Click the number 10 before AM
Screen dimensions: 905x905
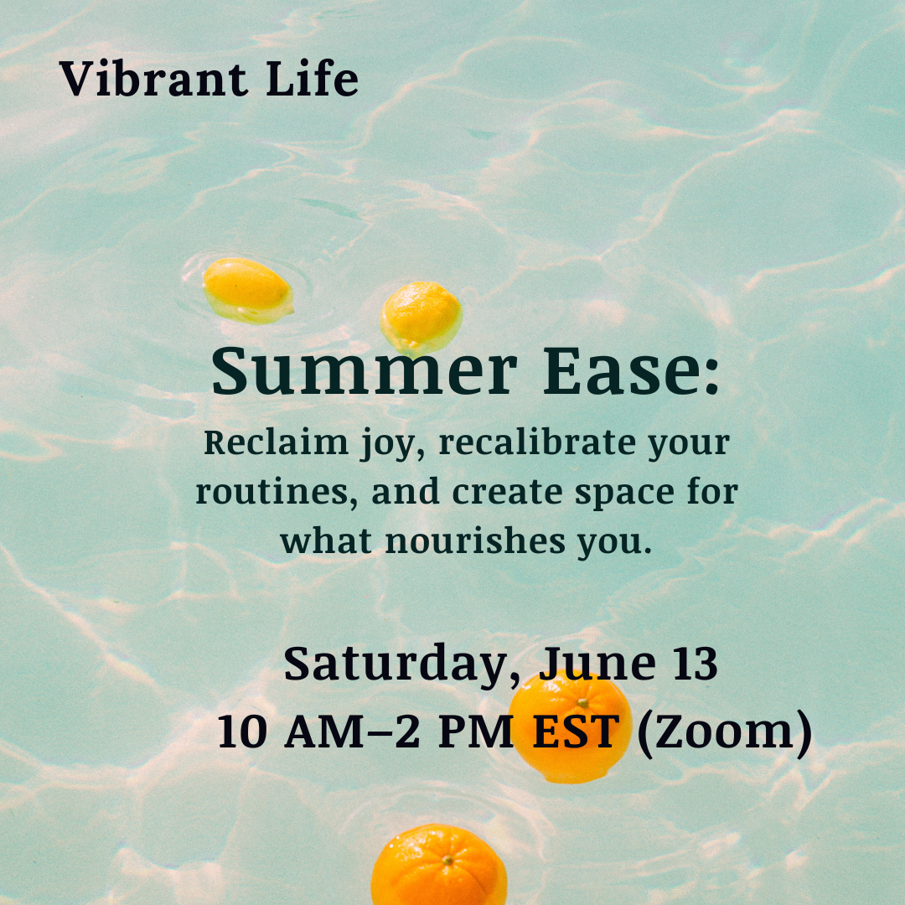tap(243, 732)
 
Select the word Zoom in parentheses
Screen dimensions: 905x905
tap(724, 732)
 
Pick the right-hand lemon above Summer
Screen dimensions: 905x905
tap(421, 313)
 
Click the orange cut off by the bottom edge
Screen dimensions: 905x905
tap(439, 867)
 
